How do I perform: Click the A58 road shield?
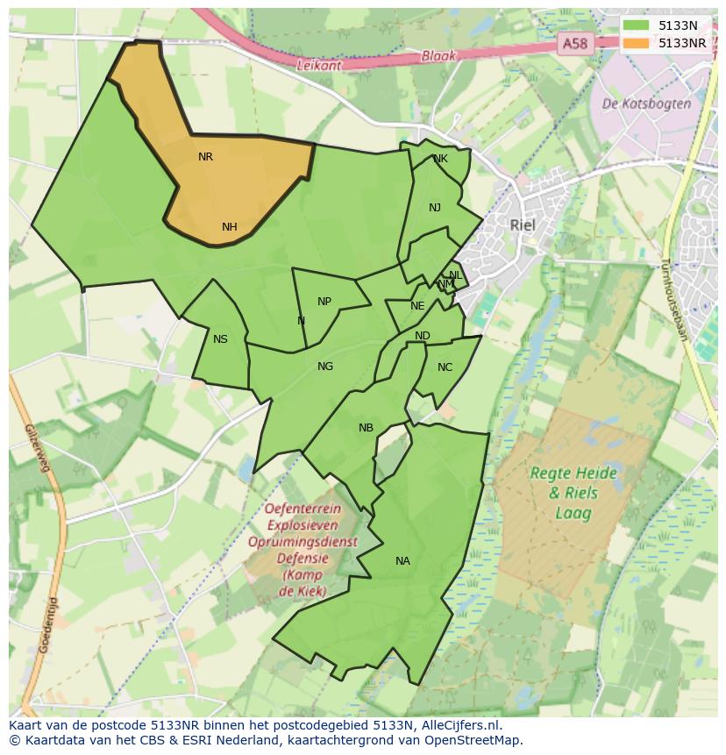click(575, 43)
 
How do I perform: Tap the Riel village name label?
click(522, 224)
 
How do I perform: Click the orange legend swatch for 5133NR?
click(637, 43)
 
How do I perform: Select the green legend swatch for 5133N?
click(637, 25)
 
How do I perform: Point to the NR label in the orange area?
click(205, 157)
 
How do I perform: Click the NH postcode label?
click(229, 227)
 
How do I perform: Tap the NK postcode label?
click(440, 159)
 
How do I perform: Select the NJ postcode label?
click(435, 208)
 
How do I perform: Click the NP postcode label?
click(324, 302)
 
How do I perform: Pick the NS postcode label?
click(220, 339)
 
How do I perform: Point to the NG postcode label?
click(325, 367)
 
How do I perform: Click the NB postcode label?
click(366, 428)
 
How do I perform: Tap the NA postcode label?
click(402, 561)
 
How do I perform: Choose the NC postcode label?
click(445, 367)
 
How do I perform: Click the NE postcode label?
click(417, 306)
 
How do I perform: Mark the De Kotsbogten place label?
click(646, 103)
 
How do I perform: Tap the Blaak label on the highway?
click(438, 54)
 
